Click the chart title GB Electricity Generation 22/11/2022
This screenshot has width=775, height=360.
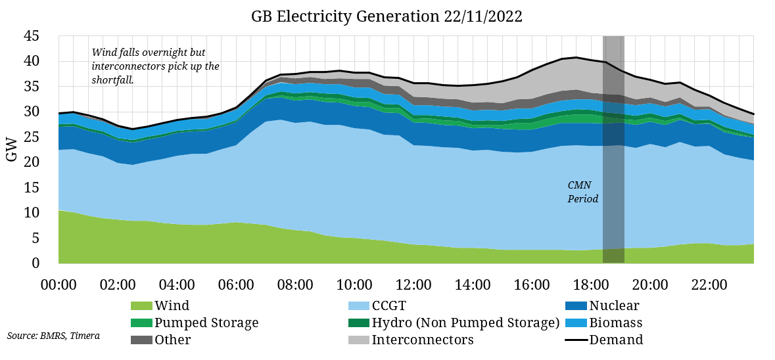pyautogui.click(x=387, y=17)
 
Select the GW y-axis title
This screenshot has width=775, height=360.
pyautogui.click(x=12, y=149)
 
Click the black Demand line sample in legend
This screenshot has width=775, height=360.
pyautogui.click(x=576, y=340)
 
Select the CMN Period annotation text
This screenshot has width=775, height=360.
pyautogui.click(x=583, y=192)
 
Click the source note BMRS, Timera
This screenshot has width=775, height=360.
pyautogui.click(x=54, y=336)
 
